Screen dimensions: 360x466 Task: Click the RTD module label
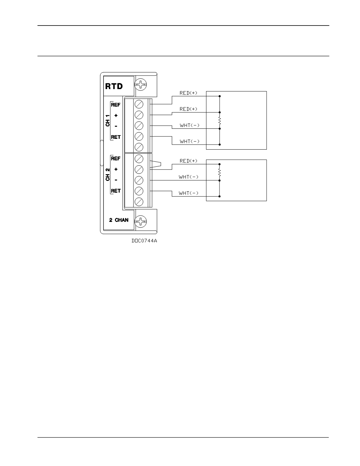point(114,86)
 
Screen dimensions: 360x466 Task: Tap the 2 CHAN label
point(119,220)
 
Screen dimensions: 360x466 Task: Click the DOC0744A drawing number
point(144,241)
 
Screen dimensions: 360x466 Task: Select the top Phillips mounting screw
point(141,84)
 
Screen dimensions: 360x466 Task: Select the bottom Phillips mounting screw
point(141,221)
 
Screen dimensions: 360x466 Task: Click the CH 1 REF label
point(116,105)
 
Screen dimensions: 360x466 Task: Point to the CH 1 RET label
point(116,137)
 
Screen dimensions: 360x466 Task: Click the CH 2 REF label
point(116,158)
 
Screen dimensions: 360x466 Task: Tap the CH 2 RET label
point(116,191)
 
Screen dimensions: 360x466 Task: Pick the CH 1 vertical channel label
point(108,120)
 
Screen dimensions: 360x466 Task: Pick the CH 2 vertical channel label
point(108,174)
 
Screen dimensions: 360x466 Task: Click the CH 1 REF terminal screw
point(139,105)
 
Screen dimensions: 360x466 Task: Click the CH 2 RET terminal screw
point(139,191)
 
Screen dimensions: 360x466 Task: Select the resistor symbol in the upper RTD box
point(219,120)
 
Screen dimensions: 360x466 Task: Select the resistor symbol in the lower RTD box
point(219,172)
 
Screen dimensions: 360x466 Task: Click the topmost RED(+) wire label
point(189,93)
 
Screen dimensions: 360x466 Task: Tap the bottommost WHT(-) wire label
point(189,193)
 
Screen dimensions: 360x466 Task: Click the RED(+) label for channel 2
point(189,161)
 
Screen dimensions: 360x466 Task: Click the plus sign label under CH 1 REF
point(116,116)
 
